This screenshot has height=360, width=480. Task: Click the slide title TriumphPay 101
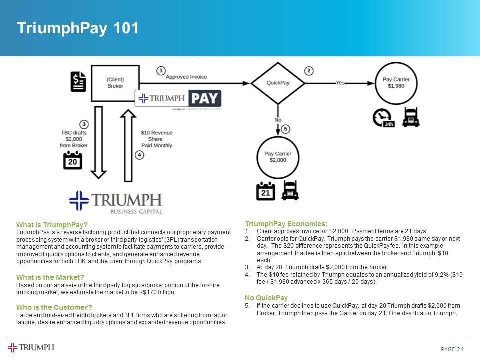tap(77, 28)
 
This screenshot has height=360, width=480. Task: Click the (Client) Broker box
tap(115, 83)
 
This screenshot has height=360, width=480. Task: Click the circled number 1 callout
tap(161, 71)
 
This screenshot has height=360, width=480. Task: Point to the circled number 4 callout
tap(140, 155)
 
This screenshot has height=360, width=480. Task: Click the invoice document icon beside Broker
tap(78, 82)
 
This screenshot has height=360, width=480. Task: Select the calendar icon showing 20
tap(72, 160)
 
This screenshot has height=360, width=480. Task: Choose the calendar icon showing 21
tap(265, 191)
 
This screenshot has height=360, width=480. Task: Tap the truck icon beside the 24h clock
tap(411, 117)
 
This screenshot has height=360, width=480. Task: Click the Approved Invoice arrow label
tap(186, 77)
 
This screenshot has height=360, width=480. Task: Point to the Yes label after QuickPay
tap(340, 83)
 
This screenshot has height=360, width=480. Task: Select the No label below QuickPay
tap(278, 120)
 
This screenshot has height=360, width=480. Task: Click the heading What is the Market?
tap(50, 277)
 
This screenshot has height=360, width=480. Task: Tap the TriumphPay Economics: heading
tap(286, 223)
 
